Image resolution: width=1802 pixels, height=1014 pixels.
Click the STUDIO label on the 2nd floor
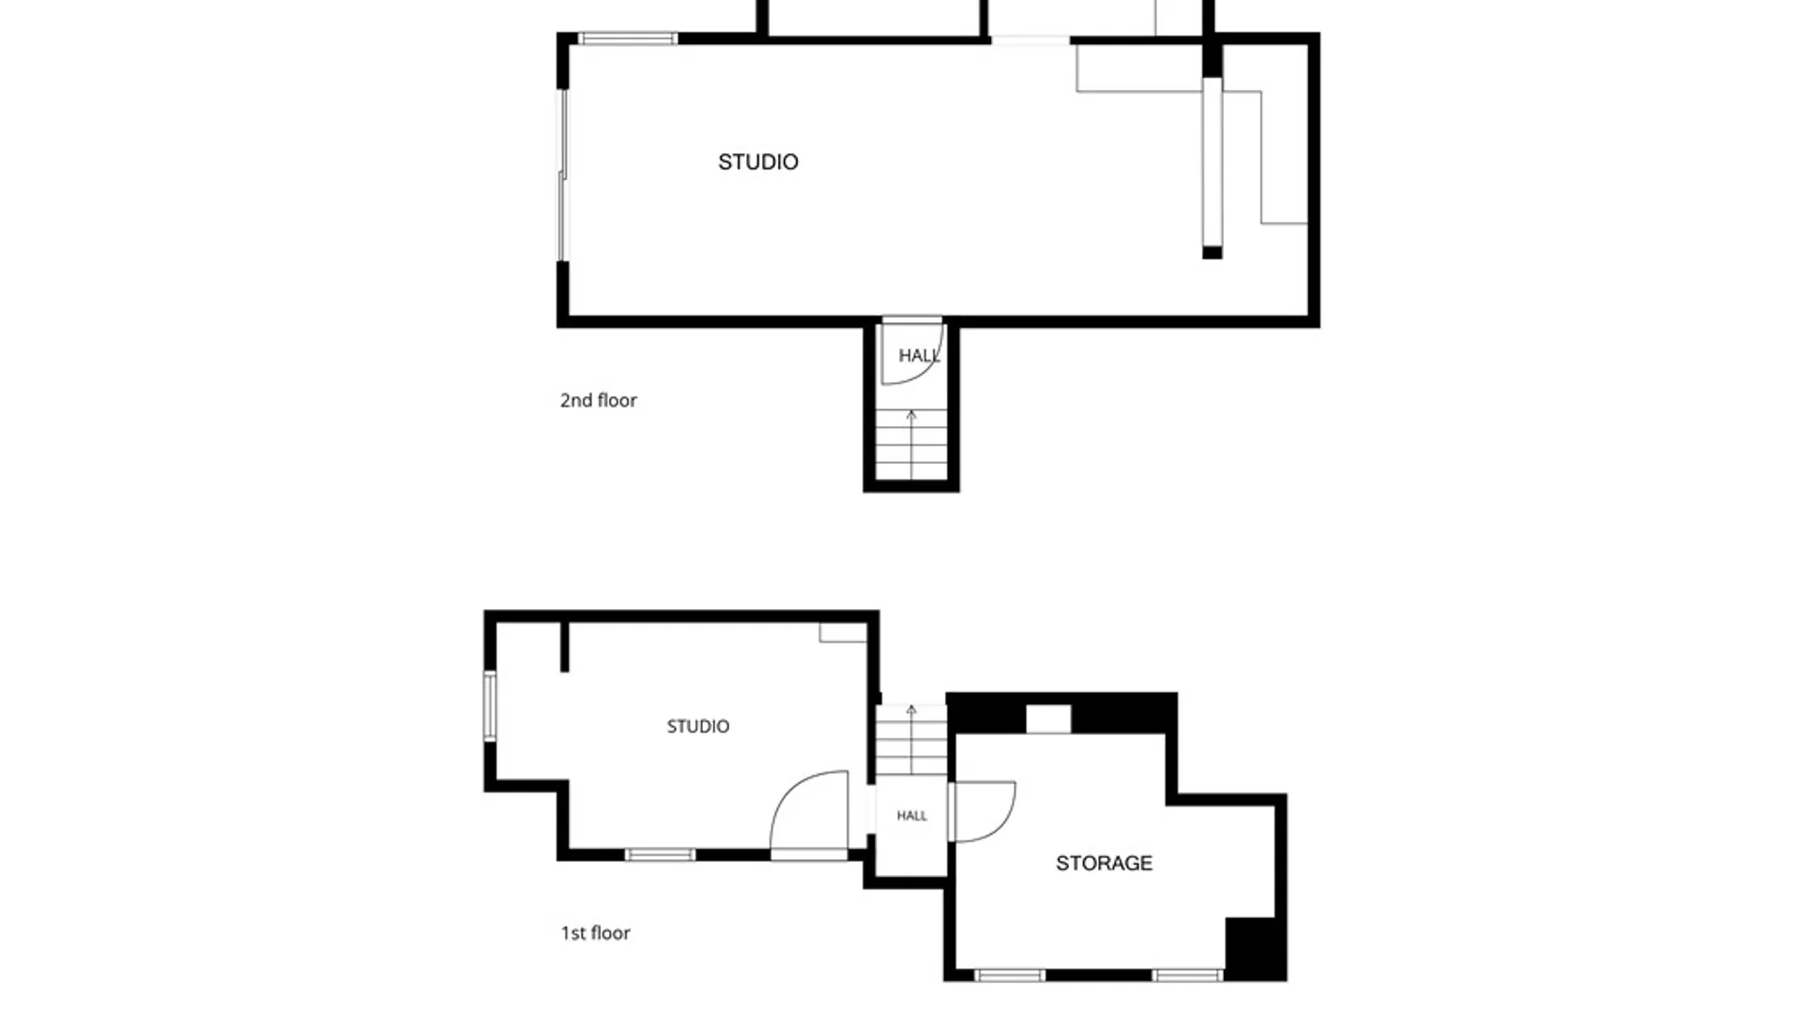pyautogui.click(x=758, y=162)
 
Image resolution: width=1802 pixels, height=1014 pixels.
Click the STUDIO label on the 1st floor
pyautogui.click(x=698, y=727)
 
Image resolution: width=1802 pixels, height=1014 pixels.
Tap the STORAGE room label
pyautogui.click(x=1104, y=863)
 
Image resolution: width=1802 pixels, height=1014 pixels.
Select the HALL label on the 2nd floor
pyautogui.click(x=919, y=356)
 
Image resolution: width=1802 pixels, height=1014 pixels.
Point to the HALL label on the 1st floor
pyautogui.click(x=911, y=816)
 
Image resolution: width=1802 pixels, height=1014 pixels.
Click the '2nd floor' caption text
pyautogui.click(x=599, y=401)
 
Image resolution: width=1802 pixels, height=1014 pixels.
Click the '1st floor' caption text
pyautogui.click(x=596, y=933)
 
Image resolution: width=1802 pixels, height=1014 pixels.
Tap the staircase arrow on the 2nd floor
pyautogui.click(x=911, y=444)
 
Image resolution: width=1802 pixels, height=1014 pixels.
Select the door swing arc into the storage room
pyautogui.click(x=1000, y=822)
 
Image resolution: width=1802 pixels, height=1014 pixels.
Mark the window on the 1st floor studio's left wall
pyautogui.click(x=490, y=706)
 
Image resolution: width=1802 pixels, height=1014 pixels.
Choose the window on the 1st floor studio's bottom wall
pyautogui.click(x=660, y=854)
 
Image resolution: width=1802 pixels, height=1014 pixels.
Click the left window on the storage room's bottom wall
pyautogui.click(x=1010, y=976)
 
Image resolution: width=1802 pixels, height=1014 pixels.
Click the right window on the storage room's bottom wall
pyautogui.click(x=1187, y=976)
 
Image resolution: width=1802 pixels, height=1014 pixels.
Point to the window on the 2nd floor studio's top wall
pyautogui.click(x=627, y=38)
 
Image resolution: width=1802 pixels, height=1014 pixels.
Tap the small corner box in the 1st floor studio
pyautogui.click(x=843, y=632)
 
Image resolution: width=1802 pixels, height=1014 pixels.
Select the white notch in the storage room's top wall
pyautogui.click(x=1048, y=719)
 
